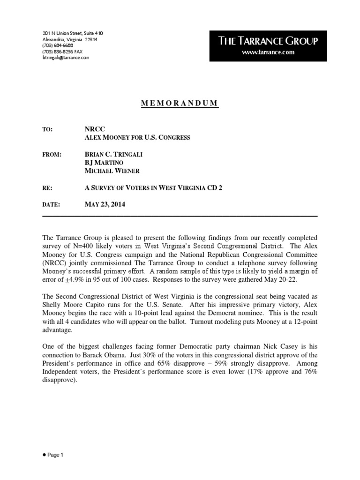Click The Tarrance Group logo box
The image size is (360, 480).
pos(268,46)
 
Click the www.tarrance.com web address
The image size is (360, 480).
pos(268,52)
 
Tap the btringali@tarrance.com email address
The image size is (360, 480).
pos(66,58)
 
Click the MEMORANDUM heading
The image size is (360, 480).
pos(180,104)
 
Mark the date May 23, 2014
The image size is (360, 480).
pos(105,204)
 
